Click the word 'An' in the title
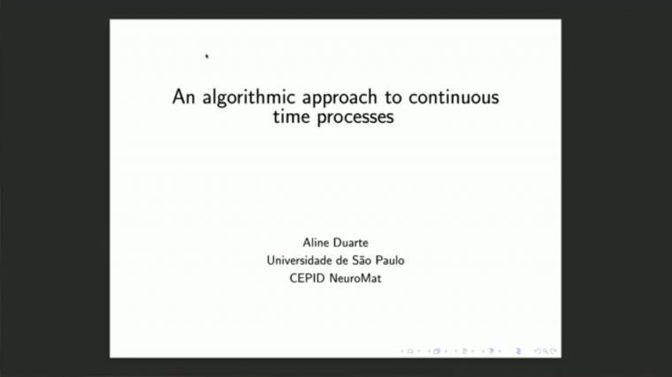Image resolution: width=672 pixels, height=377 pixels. [x=183, y=98]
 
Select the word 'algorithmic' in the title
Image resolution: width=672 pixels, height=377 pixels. [x=240, y=98]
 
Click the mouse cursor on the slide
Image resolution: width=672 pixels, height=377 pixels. [x=207, y=56]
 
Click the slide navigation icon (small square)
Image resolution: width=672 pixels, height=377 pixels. [x=411, y=351]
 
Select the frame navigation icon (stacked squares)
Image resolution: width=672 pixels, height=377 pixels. [x=436, y=351]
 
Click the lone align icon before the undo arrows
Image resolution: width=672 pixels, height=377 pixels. [x=519, y=351]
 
